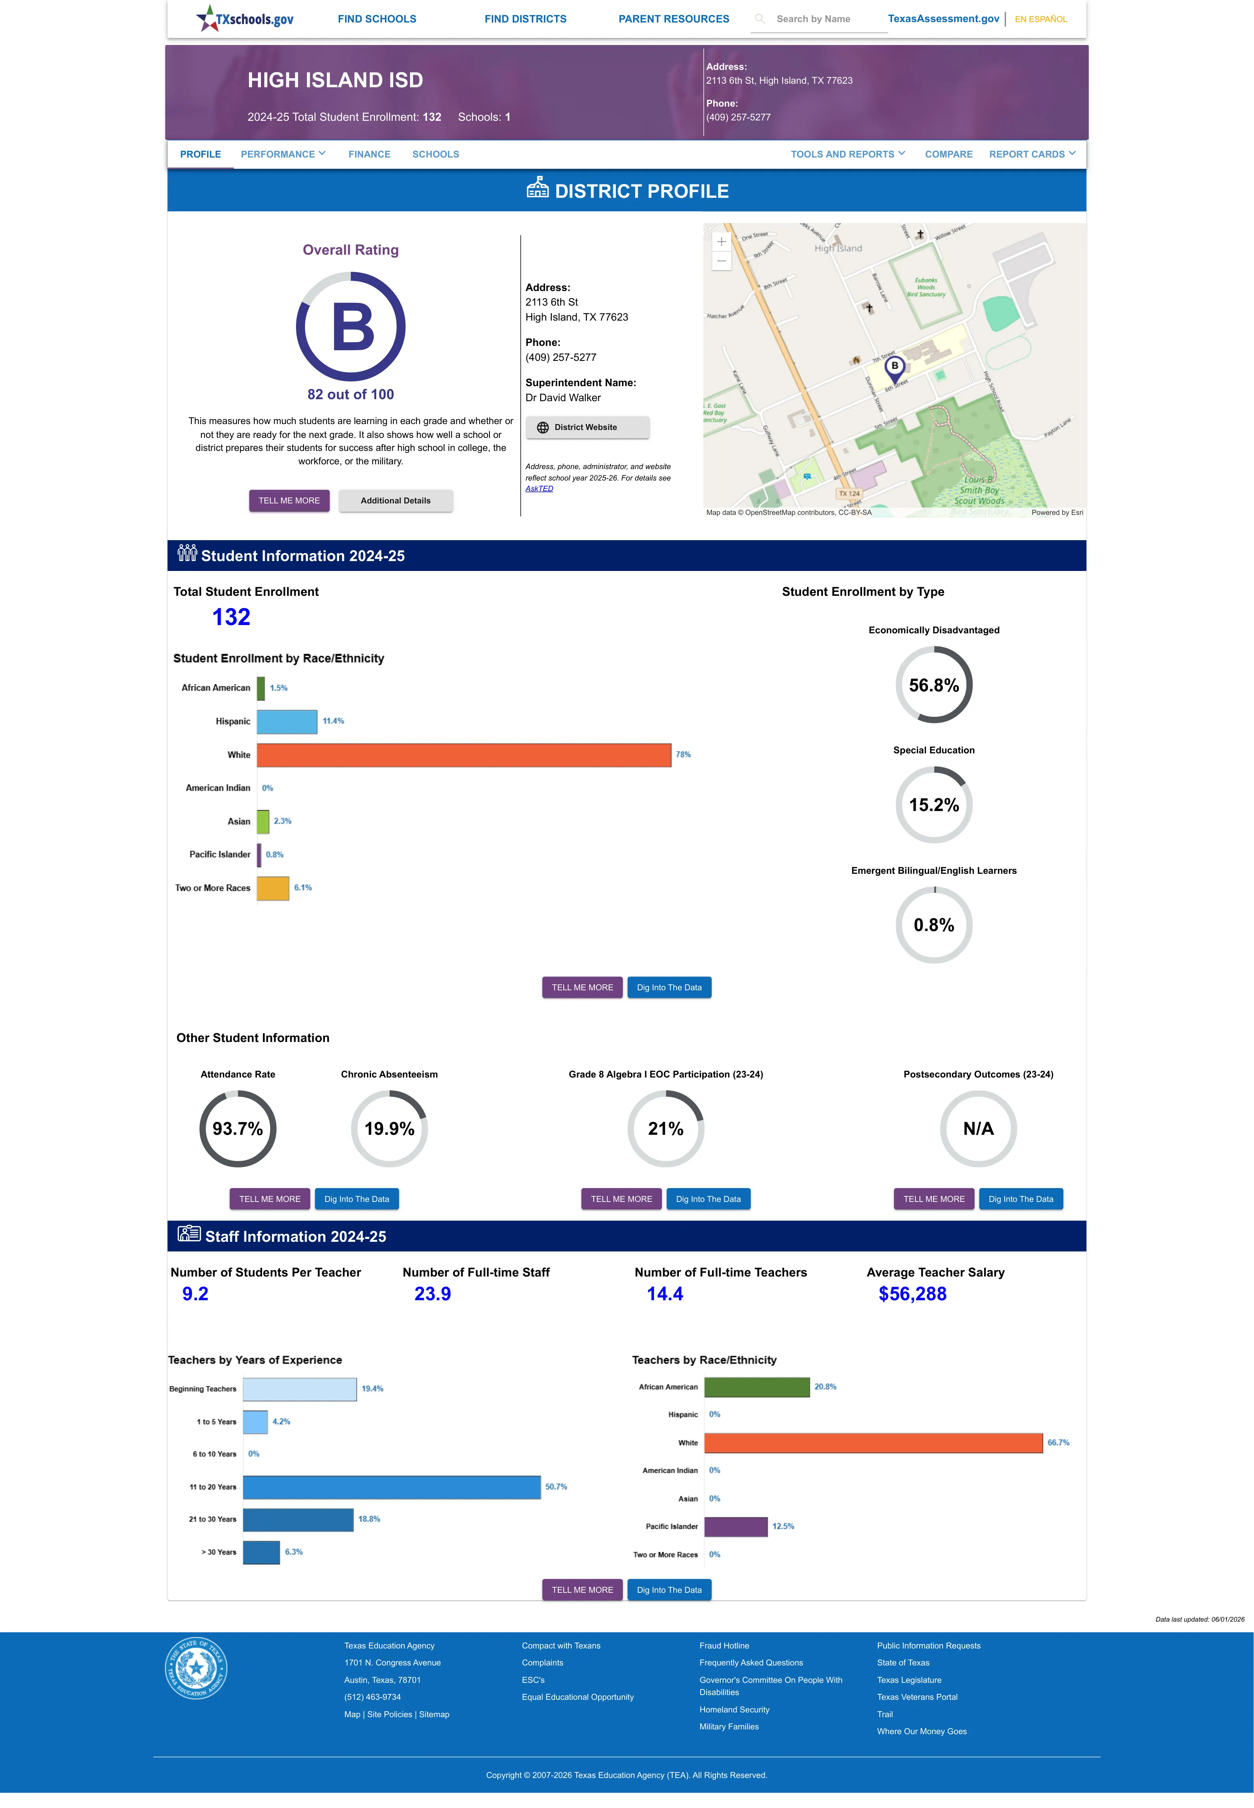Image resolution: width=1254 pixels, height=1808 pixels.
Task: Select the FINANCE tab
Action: pos(369,154)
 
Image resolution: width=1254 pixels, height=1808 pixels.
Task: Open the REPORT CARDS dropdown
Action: pos(1032,154)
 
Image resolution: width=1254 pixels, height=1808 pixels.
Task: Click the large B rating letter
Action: pos(353,327)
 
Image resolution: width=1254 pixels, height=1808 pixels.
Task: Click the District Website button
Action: pos(587,428)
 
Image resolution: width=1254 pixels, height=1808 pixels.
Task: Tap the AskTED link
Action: pos(539,489)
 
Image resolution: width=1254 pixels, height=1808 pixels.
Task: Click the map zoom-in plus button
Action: pos(721,241)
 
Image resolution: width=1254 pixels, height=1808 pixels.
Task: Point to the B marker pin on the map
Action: pos(894,368)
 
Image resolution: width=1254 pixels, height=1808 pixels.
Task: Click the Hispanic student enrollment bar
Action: pos(287,721)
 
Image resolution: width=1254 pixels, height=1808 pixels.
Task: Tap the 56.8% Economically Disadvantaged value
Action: pos(933,685)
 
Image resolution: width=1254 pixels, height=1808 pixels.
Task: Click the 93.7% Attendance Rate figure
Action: pos(237,1128)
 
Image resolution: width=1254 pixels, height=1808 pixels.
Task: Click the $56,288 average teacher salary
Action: pos(912,1294)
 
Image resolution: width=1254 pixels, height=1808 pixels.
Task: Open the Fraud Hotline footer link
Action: pos(724,1645)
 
